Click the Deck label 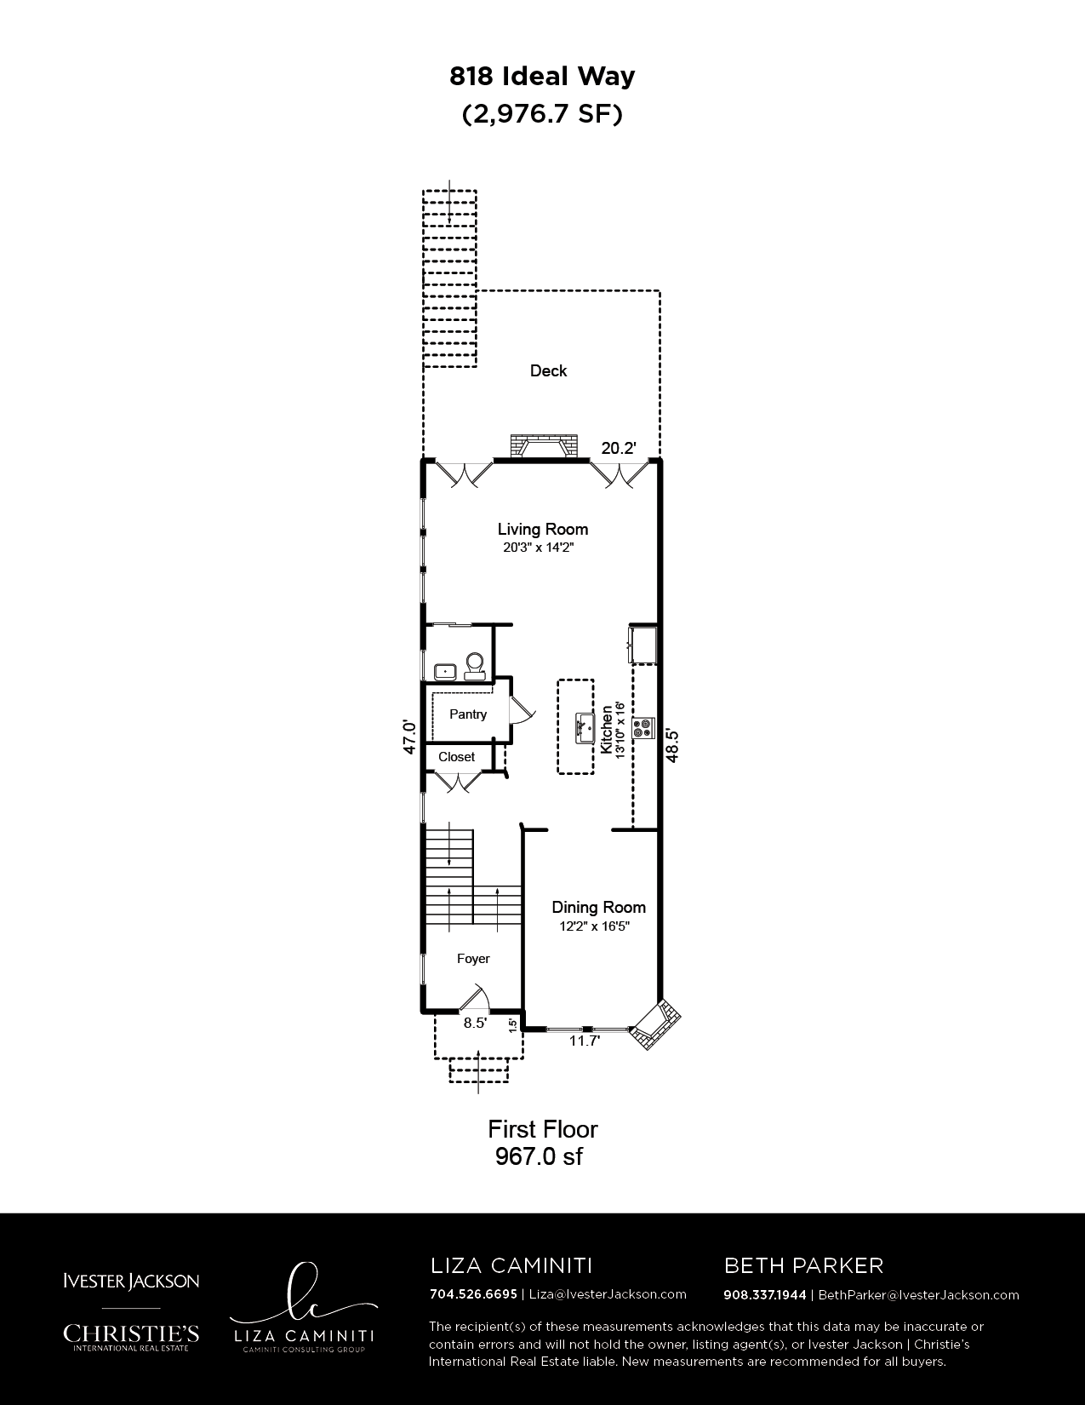[x=548, y=370]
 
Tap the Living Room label [x=543, y=529]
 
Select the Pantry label [x=468, y=714]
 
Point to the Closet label [x=456, y=756]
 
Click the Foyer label [x=473, y=958]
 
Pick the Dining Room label [x=598, y=907]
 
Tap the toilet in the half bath [x=475, y=665]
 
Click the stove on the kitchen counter [x=643, y=728]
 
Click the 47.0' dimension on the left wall [x=409, y=737]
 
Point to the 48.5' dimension [x=672, y=745]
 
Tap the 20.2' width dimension [x=619, y=448]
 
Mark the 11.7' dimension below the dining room [x=584, y=1041]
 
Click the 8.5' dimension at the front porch [x=475, y=1023]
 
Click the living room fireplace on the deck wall [x=542, y=447]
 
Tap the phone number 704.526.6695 [x=473, y=1293]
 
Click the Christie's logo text [x=130, y=1332]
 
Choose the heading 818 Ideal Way [x=542, y=77]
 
